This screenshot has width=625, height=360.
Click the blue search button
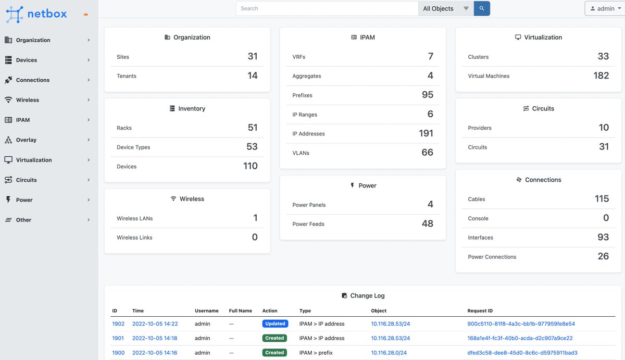coord(482,8)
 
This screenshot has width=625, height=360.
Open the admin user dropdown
coord(605,8)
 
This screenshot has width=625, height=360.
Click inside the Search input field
coord(327,8)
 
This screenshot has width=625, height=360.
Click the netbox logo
coord(36,14)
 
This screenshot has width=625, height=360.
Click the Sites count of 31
coord(253,56)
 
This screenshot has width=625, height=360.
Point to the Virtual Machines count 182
coord(601,76)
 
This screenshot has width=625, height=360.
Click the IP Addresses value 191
coord(426,133)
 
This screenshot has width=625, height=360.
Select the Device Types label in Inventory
coord(133,147)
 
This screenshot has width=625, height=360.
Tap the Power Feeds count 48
coord(428,224)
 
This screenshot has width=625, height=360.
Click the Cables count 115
coord(602,198)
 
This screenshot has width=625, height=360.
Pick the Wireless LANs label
coord(134,218)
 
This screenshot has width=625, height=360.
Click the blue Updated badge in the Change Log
coord(275,324)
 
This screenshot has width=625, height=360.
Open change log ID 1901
coord(118,338)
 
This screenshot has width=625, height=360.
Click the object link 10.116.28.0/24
coord(389,353)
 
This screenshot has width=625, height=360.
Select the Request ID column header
coord(480,311)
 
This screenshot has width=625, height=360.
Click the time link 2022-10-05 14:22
coord(155,324)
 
